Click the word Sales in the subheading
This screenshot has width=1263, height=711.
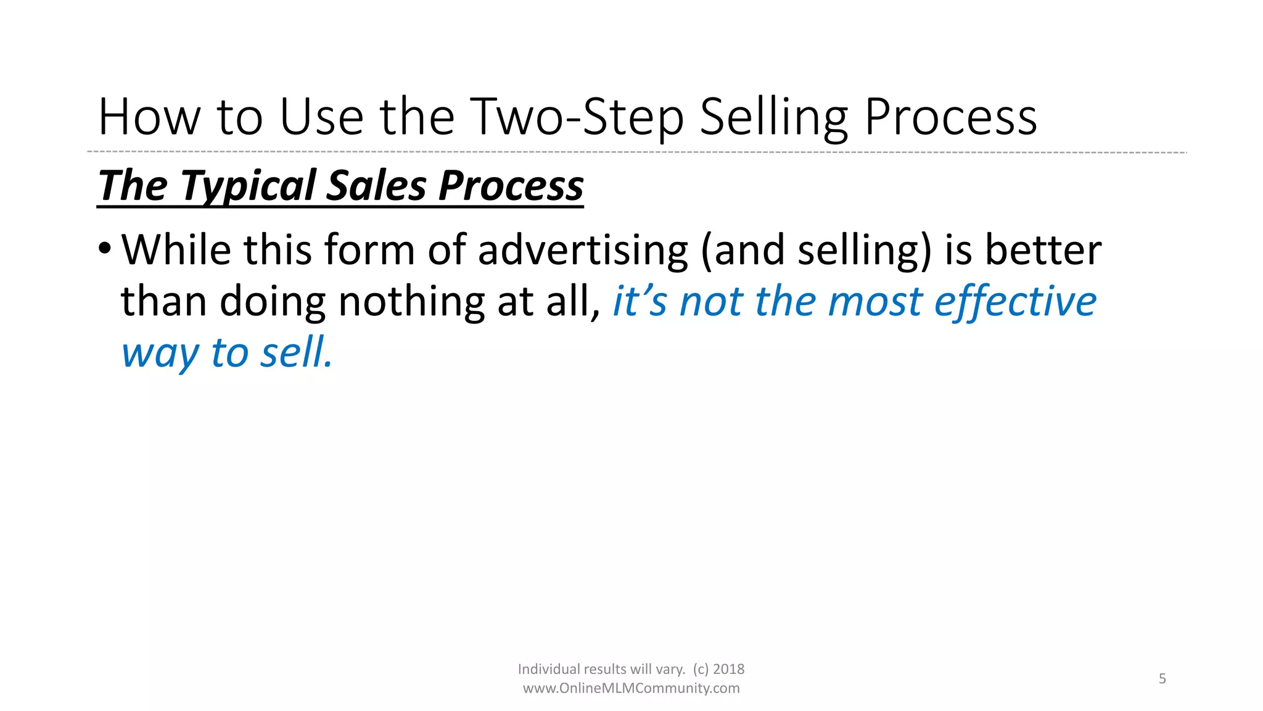tap(376, 186)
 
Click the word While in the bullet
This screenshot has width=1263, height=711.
tap(176, 250)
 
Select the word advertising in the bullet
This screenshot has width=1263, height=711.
tap(583, 250)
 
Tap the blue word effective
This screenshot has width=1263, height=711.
tap(1015, 302)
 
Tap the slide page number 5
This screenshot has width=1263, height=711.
tap(1162, 679)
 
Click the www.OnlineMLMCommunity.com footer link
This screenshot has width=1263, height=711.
tap(631, 688)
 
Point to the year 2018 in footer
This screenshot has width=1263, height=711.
tap(728, 670)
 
